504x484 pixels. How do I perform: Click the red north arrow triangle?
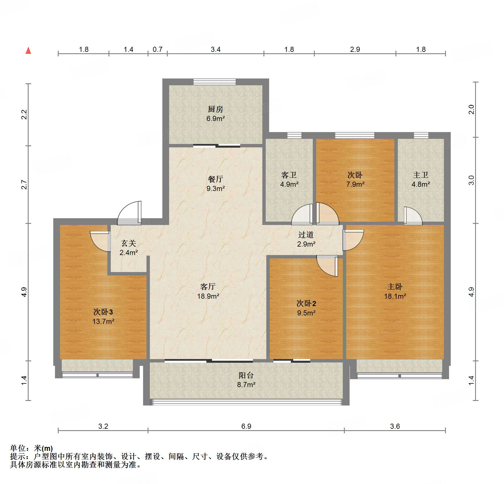pos(28,51)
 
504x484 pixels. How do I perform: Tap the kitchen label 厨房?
pos(215,109)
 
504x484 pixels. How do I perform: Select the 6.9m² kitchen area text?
pos(215,119)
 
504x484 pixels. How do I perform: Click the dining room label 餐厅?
pos(215,179)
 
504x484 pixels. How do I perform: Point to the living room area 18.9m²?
pos(208,296)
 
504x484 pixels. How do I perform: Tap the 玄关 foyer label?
pos(129,243)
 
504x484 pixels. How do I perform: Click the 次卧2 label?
pos(306,303)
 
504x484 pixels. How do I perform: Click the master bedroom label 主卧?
pos(395,287)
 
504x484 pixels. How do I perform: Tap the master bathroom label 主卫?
pos(421,175)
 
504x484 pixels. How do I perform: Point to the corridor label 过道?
pos(306,235)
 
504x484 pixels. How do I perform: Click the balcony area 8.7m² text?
pos(246,385)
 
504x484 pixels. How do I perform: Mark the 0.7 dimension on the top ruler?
pos(158,49)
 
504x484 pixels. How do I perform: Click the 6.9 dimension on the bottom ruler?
pos(246,426)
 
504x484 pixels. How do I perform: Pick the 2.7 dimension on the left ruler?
pos(24,184)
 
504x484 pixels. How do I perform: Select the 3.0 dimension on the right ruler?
pos(471,180)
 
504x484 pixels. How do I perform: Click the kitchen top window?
pos(214,82)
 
